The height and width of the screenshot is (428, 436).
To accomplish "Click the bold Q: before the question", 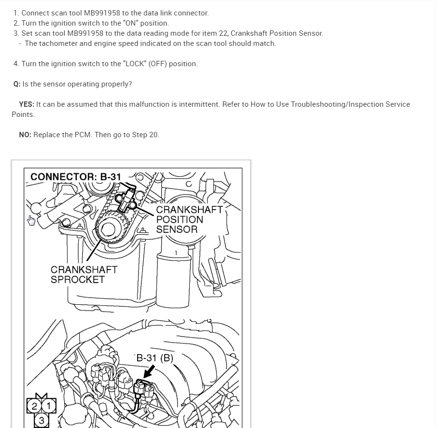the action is click(x=17, y=84).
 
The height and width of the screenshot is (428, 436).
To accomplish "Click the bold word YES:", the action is click(x=27, y=104).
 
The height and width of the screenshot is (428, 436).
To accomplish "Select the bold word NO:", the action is click(x=25, y=135).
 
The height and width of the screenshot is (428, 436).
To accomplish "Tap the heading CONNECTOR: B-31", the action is click(x=76, y=177).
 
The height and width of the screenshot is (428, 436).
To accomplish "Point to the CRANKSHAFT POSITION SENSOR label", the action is click(x=189, y=220).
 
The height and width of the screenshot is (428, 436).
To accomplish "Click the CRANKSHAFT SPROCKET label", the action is click(x=84, y=275).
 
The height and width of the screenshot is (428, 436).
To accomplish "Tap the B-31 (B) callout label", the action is click(x=155, y=358).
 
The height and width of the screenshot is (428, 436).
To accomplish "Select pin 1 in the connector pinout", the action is click(x=49, y=406).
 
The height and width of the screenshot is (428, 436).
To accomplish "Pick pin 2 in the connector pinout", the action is click(x=34, y=406).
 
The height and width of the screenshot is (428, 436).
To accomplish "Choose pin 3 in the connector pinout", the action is click(x=42, y=420).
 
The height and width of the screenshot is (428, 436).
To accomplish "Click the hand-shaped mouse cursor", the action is click(x=31, y=220).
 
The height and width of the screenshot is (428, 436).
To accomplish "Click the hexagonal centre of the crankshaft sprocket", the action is click(x=108, y=230).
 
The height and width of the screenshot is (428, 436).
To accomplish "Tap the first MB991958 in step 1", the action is click(x=102, y=13).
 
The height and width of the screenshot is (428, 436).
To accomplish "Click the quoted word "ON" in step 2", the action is click(x=130, y=23).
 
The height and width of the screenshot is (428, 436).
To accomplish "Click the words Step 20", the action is click(x=145, y=135).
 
